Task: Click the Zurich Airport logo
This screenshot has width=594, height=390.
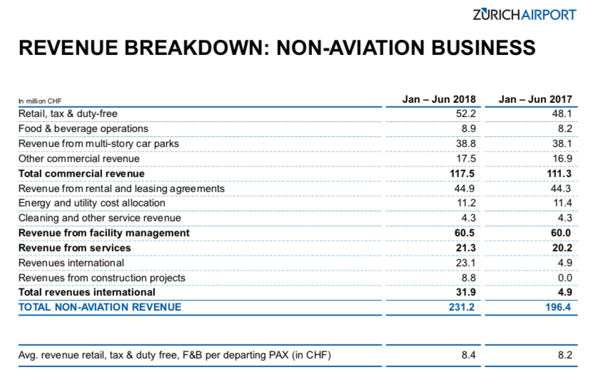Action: pos(525,15)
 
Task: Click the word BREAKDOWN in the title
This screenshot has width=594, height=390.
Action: pos(196,48)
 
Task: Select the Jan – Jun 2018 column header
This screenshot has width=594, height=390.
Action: pos(438,99)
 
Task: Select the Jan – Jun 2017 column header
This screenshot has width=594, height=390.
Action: pos(535,99)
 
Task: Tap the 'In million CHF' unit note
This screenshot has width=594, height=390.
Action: pos(40,101)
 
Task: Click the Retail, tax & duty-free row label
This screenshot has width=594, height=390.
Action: pos(68,114)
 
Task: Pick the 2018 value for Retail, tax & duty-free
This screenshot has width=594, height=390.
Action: pos(465,114)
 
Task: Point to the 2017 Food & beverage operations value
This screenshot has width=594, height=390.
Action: pos(565,129)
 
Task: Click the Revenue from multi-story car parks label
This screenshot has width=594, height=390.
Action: pos(99,144)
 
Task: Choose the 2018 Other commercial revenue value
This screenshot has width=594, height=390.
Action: pos(466,159)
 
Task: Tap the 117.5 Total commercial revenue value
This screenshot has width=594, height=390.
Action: pos(462,174)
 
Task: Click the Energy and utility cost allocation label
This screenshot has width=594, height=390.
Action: pos(91,203)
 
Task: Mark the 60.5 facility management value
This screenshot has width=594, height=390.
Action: pos(465,233)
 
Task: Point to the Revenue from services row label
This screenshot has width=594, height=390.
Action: pos(75,248)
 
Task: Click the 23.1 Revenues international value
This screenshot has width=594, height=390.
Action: pos(465,263)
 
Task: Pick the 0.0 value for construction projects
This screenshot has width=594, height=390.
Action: pos(565,278)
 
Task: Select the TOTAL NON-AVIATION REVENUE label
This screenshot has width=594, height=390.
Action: pos(100,307)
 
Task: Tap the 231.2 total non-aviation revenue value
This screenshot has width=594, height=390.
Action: pos(461,307)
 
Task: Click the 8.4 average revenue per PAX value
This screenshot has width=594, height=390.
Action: pos(468,355)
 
